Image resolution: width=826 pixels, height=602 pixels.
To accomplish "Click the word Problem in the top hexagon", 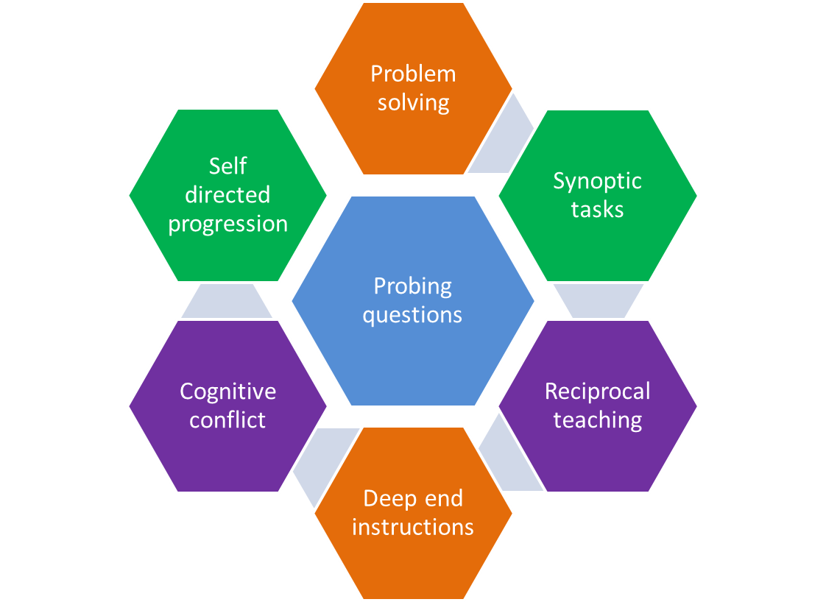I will [x=413, y=74].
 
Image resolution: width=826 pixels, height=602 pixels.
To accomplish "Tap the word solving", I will [x=413, y=102].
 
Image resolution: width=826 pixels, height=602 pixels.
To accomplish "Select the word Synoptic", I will [x=597, y=181].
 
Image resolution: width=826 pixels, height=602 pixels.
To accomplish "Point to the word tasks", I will [x=597, y=210].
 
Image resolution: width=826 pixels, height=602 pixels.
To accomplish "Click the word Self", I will [x=227, y=166].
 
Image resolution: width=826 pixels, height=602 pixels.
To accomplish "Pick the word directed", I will [x=227, y=195].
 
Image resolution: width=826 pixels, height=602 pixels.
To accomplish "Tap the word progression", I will [x=227, y=224].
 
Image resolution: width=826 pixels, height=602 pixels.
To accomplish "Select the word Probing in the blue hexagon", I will [x=412, y=286].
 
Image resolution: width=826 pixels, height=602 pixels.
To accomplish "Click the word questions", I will [x=412, y=315].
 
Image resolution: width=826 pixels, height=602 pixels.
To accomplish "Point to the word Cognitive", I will [x=227, y=392].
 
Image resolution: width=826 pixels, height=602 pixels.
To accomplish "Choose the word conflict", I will [x=227, y=420].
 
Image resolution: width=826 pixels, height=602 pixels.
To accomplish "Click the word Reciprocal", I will [x=597, y=392].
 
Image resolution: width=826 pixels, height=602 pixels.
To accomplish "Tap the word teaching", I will [x=597, y=420].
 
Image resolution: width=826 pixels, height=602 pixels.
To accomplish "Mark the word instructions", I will [x=412, y=528].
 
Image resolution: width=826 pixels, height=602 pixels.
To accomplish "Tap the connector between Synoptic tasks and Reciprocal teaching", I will [x=597, y=301].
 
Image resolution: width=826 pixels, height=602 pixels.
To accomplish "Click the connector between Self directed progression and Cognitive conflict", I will [x=227, y=301].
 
